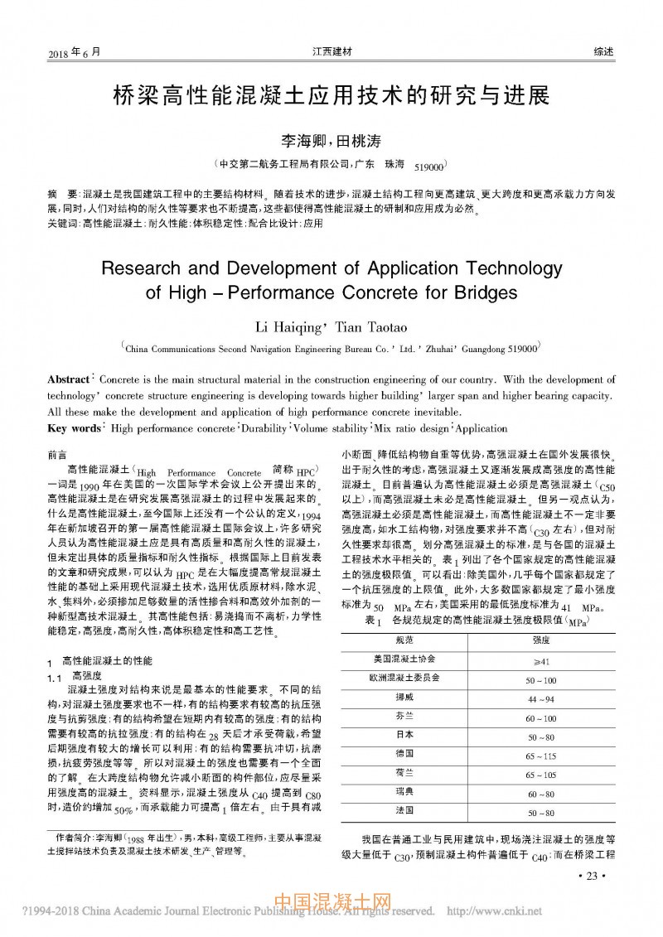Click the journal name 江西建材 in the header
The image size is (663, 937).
pyautogui.click(x=331, y=51)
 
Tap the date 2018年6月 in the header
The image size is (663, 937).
pyautogui.click(x=74, y=51)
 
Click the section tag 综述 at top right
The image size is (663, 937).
pyautogui.click(x=603, y=51)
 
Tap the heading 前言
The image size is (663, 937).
pyautogui.click(x=58, y=455)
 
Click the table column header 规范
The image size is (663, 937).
pyautogui.click(x=404, y=640)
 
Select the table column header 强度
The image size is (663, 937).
pyautogui.click(x=540, y=640)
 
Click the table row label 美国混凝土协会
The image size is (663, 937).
pyautogui.click(x=404, y=659)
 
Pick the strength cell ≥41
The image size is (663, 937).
pyautogui.click(x=540, y=660)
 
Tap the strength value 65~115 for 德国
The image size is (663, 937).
pyautogui.click(x=540, y=756)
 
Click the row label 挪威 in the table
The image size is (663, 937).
pyautogui.click(x=404, y=698)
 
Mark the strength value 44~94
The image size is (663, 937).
pyautogui.click(x=540, y=698)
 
